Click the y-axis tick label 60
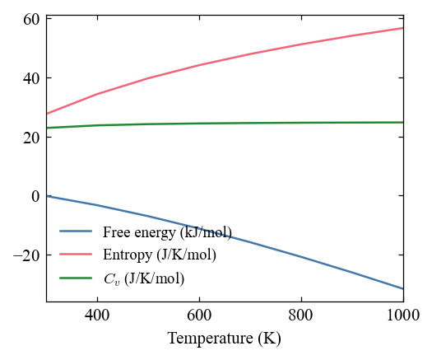point(31,20)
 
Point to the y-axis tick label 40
point(31,78)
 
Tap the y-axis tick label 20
point(31,138)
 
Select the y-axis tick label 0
point(36,196)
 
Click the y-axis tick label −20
point(26,255)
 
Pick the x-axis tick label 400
point(97,315)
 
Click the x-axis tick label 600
point(199,315)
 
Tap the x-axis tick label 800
point(301,315)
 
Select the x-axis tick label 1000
point(403,315)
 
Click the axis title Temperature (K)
point(225,339)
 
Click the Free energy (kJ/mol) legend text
point(167,232)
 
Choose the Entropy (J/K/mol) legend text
point(160,255)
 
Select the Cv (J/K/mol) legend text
point(144,278)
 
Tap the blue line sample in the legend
point(76,231)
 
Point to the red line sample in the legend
point(76,254)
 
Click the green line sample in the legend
point(76,278)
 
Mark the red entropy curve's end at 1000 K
point(403,28)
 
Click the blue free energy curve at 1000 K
point(403,289)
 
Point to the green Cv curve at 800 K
point(301,123)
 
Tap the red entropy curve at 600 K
point(199,65)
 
